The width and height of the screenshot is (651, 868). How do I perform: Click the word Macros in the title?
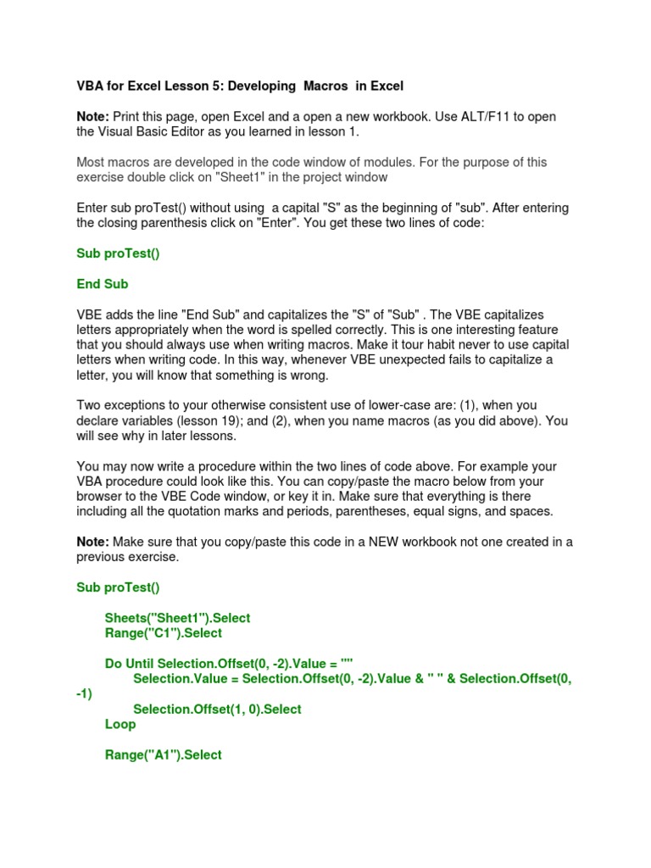point(331,86)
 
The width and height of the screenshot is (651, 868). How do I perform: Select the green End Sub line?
point(103,284)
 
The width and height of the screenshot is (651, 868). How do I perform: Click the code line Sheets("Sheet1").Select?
point(177,618)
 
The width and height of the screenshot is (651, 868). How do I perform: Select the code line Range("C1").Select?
point(163,633)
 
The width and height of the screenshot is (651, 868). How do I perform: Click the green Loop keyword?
point(120,725)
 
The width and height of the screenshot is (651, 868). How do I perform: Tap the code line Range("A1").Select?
point(163,754)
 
